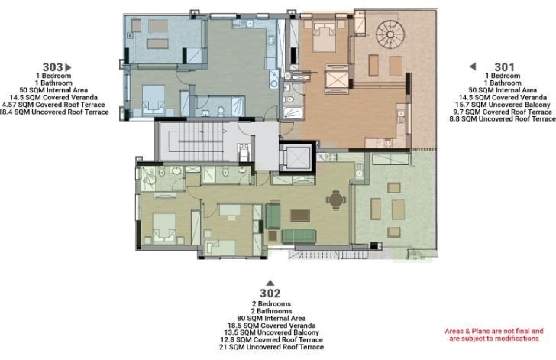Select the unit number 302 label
pos(270,293)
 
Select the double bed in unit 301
pos(320,34)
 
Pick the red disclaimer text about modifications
pos(491,335)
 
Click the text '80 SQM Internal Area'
pos(270,318)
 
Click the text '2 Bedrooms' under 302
pos(270,303)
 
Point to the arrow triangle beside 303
pos(68,67)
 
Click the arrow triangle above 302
pos(270,283)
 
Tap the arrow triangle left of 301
pos(473,66)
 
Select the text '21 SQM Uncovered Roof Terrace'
pos(270,347)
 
